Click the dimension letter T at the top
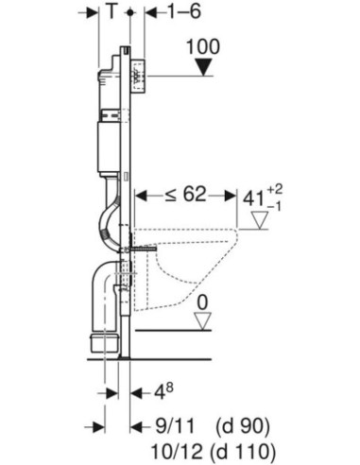coord(112,13)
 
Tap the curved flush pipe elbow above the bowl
coord(106,223)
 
